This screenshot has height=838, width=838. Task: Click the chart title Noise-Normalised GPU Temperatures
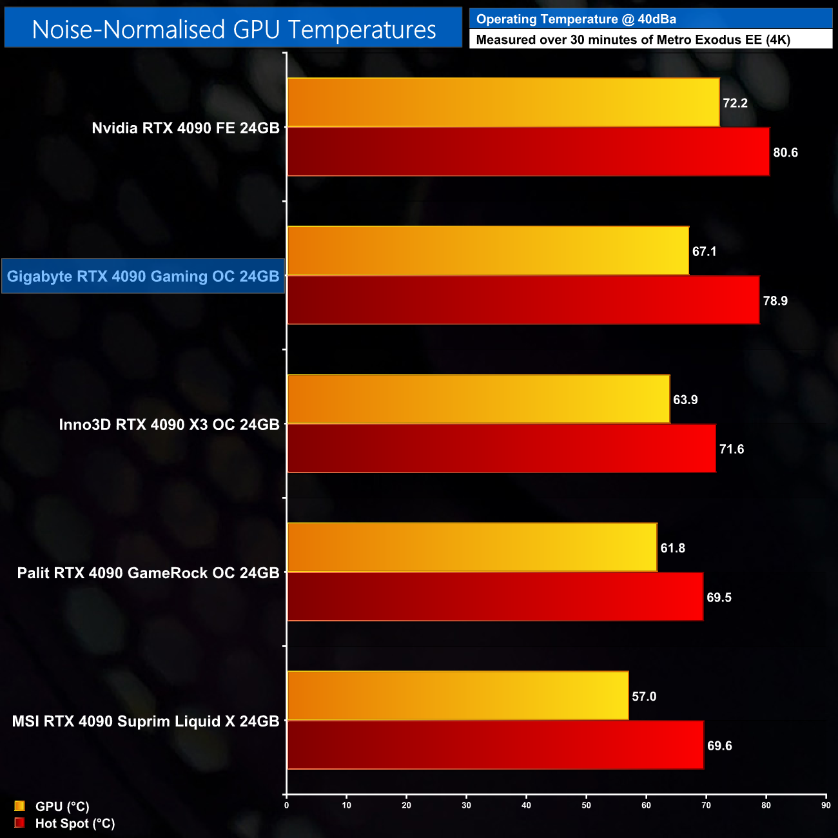point(233,30)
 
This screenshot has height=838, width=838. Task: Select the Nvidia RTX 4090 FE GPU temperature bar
point(503,102)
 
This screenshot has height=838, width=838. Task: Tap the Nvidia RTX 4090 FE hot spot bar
point(528,151)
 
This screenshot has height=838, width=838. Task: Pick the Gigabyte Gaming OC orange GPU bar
point(488,251)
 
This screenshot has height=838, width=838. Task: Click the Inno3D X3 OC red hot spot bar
point(501,449)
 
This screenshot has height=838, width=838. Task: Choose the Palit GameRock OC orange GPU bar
point(472,547)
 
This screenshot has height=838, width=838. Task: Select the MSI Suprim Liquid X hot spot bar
point(495,745)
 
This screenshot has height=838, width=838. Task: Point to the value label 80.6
point(785,153)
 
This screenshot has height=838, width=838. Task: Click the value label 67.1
point(704,251)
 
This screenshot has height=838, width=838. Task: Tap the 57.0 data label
point(643,696)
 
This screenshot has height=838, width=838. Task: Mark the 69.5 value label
point(719,598)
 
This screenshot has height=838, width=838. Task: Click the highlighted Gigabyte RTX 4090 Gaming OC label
point(143,277)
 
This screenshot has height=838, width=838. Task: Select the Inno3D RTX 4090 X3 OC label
point(169,425)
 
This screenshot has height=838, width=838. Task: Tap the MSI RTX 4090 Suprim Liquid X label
point(146,721)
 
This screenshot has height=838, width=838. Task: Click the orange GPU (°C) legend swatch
point(19,806)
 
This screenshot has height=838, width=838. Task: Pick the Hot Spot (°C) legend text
point(75,823)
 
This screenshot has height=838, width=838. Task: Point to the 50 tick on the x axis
point(587,805)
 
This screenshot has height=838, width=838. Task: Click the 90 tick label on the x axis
point(826,805)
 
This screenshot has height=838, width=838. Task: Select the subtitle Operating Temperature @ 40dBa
point(576,19)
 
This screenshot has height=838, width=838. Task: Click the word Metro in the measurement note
point(674,40)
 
